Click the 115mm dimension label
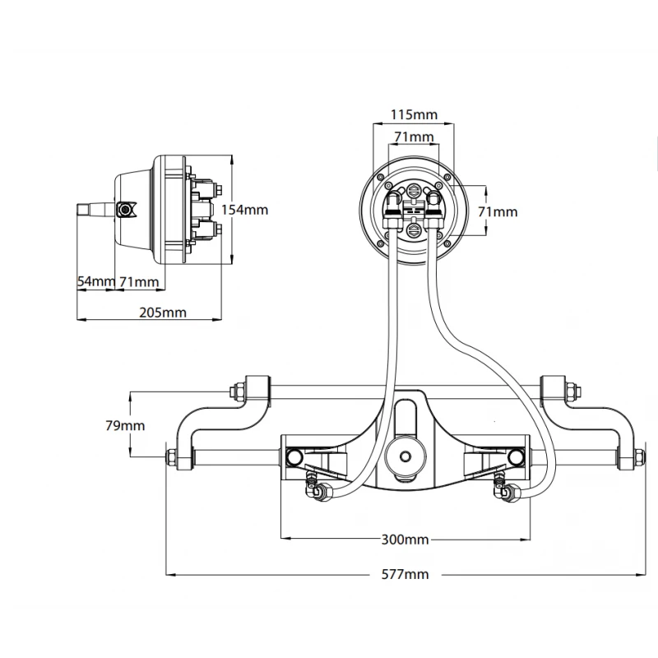tap(414, 115)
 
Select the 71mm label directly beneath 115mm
tap(414, 136)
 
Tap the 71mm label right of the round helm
tap(498, 211)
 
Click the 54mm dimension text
tap(95, 281)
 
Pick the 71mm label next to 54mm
tap(138, 281)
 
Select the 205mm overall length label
tap(163, 313)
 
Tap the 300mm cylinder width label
tap(405, 540)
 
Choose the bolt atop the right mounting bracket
tap(569, 388)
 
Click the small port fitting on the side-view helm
tap(125, 210)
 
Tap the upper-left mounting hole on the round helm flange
tap(379, 176)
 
